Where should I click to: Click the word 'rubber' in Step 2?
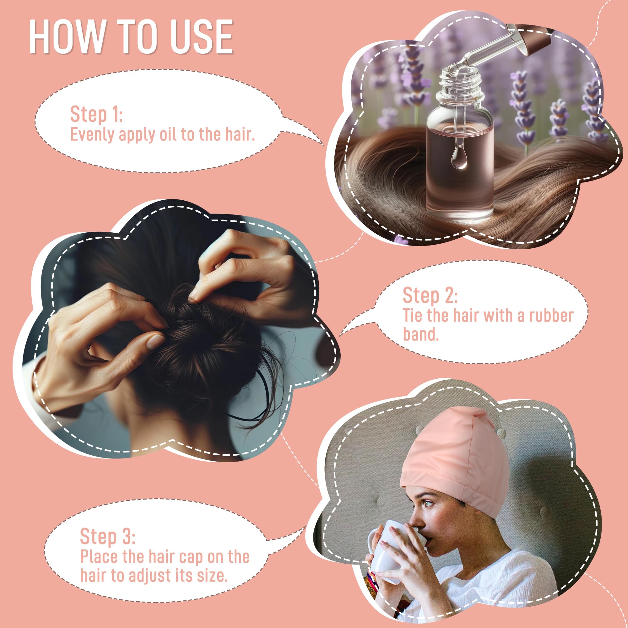coord(551,316)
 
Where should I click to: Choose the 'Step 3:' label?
coord(108,509)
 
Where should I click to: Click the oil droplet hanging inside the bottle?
coord(459,160)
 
